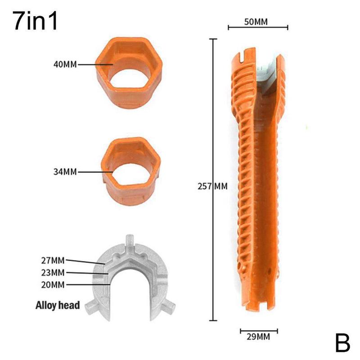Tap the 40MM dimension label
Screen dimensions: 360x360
point(64,64)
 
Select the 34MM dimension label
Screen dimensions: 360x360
point(64,171)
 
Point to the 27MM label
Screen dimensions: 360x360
point(52,260)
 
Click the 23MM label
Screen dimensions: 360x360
point(52,272)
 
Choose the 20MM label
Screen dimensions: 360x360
point(52,284)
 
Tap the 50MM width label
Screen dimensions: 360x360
point(257,21)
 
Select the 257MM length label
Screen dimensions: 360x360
point(212,186)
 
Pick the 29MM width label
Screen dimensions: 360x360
point(258,335)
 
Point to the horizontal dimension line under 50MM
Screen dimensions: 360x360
point(257,28)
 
